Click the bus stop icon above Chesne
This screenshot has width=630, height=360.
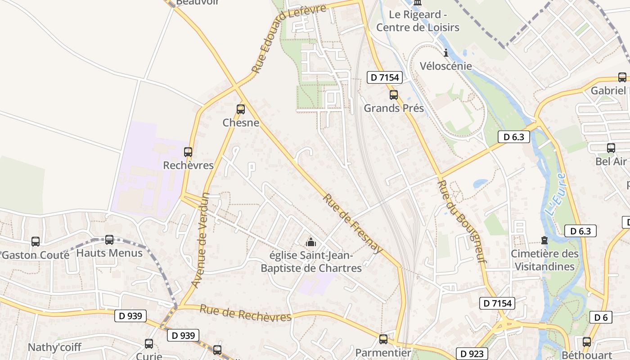point(241,109)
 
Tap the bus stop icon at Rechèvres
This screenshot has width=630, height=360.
point(188,152)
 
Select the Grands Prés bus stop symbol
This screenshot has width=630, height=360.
point(394,95)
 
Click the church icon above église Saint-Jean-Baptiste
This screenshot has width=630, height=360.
point(310,243)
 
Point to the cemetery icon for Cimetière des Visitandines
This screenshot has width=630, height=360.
point(544,241)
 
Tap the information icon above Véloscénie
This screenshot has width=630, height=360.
point(446,53)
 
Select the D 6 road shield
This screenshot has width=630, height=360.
point(601,317)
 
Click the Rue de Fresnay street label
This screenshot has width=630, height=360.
point(353,224)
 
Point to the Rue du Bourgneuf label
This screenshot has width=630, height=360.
point(462,221)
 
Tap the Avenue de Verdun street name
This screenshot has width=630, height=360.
point(200,240)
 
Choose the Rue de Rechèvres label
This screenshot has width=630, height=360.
point(246,313)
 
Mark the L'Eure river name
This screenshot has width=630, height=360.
point(555,193)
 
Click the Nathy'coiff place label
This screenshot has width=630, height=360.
point(54,347)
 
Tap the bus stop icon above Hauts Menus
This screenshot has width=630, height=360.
point(109,240)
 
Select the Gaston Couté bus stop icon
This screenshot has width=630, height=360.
point(36,242)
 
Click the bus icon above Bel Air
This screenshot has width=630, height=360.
point(611,148)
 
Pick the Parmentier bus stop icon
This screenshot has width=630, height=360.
point(383,339)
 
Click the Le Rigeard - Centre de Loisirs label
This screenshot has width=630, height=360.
point(418,21)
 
